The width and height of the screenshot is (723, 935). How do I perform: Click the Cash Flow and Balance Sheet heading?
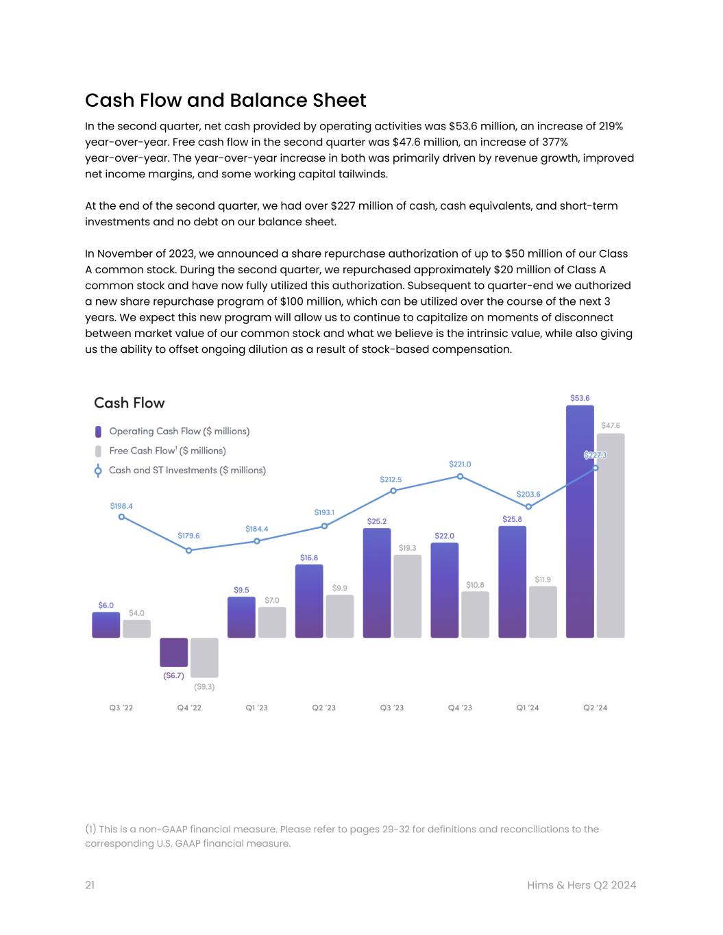point(225,101)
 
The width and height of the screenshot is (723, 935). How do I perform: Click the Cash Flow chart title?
point(130,403)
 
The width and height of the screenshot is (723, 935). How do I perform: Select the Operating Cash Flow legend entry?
point(179,432)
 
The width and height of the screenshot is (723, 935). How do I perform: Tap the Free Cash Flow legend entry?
point(167,451)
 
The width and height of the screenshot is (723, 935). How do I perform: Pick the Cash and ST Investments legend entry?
point(187,471)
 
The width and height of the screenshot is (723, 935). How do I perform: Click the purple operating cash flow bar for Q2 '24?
point(580,521)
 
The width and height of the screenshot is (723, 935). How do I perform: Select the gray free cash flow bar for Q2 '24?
point(611,534)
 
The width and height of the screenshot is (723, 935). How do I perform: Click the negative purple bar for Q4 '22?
point(173,652)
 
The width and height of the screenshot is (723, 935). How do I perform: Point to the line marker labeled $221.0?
point(460,476)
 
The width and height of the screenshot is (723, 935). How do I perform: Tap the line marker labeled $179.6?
point(189,550)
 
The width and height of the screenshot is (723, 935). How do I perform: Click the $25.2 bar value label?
point(376,521)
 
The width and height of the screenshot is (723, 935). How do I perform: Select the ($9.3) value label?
point(204,686)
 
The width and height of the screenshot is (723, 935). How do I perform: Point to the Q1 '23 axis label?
point(257,708)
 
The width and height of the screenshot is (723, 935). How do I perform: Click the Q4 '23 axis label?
point(460,708)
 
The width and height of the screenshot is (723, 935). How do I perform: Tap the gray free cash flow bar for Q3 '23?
point(407,596)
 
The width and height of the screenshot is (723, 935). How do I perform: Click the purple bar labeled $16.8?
point(309,601)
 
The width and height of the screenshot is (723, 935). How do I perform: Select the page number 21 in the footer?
point(90,885)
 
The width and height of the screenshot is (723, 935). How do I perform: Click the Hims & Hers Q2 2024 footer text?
point(582,885)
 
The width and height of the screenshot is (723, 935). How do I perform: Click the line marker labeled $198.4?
point(121,516)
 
